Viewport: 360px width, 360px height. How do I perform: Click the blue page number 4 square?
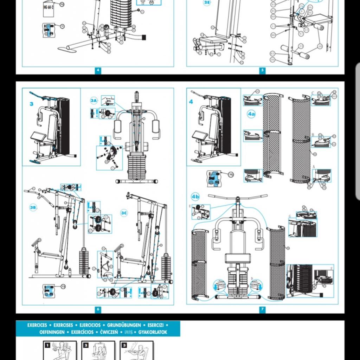click(x=98, y=70)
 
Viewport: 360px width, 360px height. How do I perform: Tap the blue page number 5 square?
click(x=262, y=70)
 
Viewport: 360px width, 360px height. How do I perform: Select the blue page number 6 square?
click(x=98, y=309)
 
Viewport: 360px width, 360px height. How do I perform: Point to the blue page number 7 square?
click(x=262, y=309)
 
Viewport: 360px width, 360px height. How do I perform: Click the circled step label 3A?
click(x=94, y=101)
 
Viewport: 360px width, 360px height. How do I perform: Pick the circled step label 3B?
click(x=33, y=207)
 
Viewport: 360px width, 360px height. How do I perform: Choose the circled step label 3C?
click(x=124, y=213)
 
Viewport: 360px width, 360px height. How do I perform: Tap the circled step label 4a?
click(x=251, y=114)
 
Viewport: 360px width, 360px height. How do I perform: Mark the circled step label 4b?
click(x=195, y=197)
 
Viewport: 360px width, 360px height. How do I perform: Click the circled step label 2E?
click(x=207, y=3)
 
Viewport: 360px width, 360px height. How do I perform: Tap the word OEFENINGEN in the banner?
click(x=52, y=332)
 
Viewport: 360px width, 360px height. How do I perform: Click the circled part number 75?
click(x=231, y=175)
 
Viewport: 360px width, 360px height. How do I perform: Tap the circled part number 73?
click(x=63, y=287)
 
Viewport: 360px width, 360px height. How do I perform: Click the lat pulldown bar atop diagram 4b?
click(x=237, y=196)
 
